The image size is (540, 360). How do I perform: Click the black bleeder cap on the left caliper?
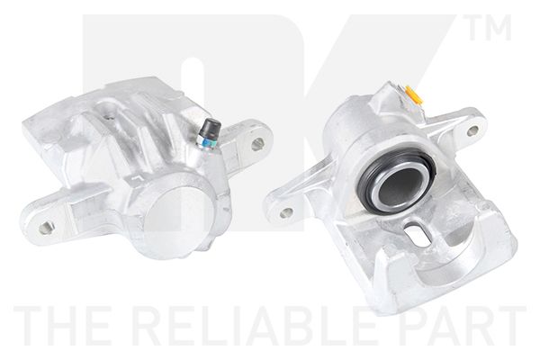211,127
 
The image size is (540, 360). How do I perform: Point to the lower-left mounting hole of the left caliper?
46,227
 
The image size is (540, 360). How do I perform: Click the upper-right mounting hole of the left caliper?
257,144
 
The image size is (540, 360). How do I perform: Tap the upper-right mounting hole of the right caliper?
473,130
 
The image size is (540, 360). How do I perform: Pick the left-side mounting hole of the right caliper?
286,211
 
